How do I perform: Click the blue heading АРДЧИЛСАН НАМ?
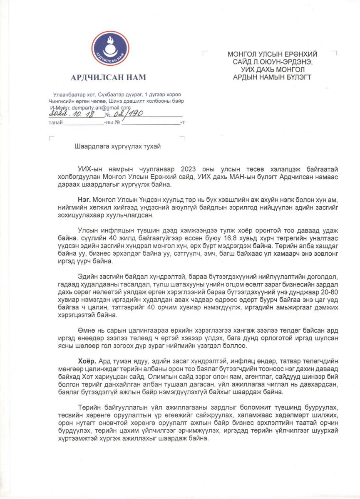(x=108, y=77)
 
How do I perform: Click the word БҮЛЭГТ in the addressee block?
(x=296, y=77)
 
